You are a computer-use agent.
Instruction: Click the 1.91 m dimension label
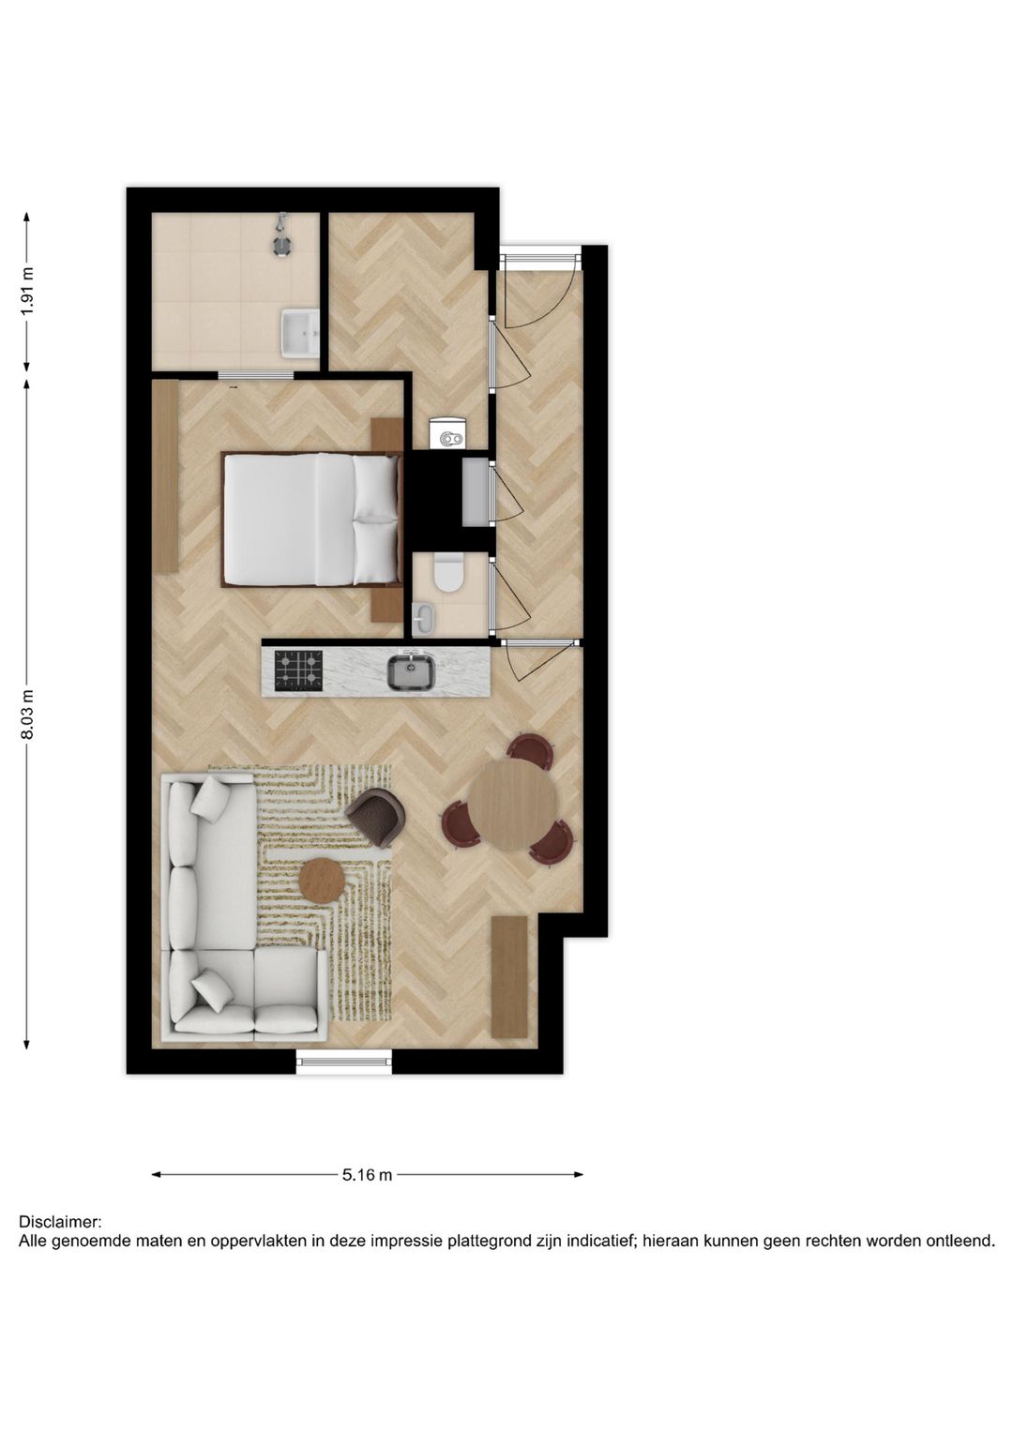(x=27, y=292)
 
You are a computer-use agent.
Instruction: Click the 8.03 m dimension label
(x=27, y=715)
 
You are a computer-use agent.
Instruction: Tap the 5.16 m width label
(x=367, y=1174)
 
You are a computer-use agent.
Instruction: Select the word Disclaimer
(x=59, y=1222)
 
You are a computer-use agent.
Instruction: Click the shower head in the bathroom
(x=281, y=237)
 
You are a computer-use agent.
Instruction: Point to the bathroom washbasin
(x=299, y=334)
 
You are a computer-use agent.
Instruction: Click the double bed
(x=310, y=519)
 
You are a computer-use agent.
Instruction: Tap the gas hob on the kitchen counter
(x=297, y=670)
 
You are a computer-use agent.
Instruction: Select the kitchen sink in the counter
(x=411, y=671)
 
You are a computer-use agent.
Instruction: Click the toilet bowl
(x=448, y=573)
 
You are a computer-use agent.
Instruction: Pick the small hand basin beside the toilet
(x=423, y=618)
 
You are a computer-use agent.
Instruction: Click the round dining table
(x=512, y=804)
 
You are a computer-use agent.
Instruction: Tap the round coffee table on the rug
(x=322, y=880)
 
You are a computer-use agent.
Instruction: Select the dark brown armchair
(x=376, y=815)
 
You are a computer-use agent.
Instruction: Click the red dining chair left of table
(x=460, y=823)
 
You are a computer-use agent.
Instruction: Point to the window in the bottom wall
(x=343, y=1061)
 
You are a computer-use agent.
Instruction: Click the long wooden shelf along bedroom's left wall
(x=165, y=476)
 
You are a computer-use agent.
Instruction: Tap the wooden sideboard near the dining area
(x=509, y=976)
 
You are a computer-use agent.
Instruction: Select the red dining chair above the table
(x=530, y=750)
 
